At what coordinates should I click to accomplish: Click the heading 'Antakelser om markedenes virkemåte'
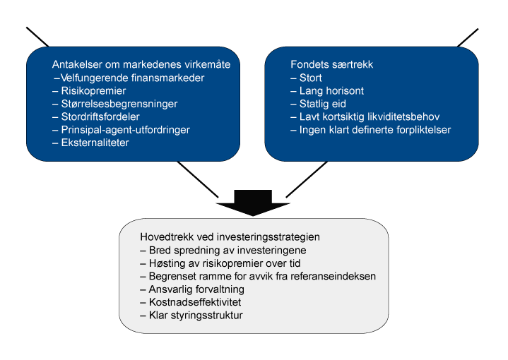point(141,64)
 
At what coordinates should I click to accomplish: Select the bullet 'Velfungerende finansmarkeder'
point(129,78)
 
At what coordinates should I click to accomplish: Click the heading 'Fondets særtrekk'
point(332,64)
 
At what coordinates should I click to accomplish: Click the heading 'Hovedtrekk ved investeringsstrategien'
point(230,237)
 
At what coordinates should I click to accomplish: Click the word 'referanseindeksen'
point(333,276)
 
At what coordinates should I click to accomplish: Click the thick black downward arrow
point(253,203)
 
